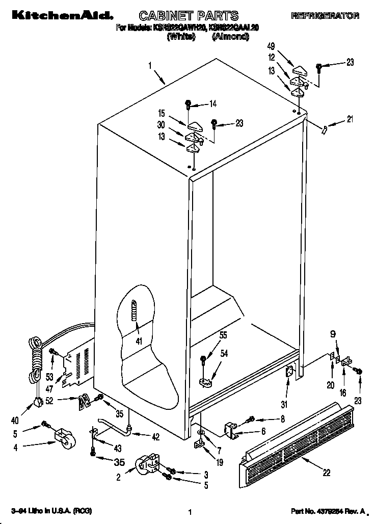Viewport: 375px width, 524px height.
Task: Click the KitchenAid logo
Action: click(x=59, y=16)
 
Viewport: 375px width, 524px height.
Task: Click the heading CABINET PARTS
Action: click(x=189, y=17)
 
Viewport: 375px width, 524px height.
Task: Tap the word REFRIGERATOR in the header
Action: click(x=325, y=16)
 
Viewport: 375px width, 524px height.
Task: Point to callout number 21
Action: click(x=350, y=120)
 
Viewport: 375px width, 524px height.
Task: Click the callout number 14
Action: click(x=212, y=104)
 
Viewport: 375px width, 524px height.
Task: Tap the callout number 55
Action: click(x=223, y=335)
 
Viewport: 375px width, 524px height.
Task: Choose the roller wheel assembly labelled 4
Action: click(x=64, y=438)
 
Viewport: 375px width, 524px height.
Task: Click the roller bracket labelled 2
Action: click(x=146, y=464)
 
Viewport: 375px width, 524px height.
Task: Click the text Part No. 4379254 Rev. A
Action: click(x=328, y=511)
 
